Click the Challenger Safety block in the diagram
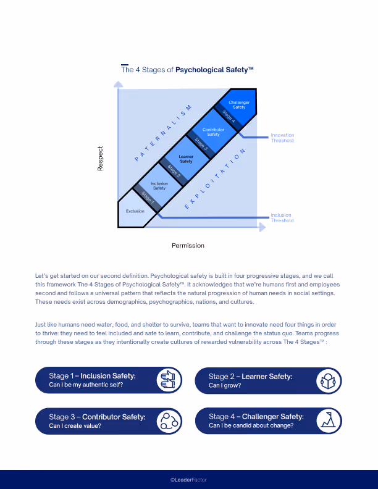tap(238, 106)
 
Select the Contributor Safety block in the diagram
tap(213, 132)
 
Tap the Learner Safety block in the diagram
tap(186, 159)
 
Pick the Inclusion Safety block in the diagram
tap(159, 185)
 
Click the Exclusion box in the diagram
tap(135, 212)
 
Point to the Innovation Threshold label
tap(282, 138)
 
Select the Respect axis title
tap(100, 159)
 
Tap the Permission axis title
tap(188, 246)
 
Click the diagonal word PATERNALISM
tap(164, 133)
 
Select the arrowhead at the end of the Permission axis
tap(262, 227)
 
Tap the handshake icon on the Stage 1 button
tap(167, 380)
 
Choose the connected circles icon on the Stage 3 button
tap(167, 420)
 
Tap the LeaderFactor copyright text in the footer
tap(188, 479)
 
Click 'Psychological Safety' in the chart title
tap(214, 70)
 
